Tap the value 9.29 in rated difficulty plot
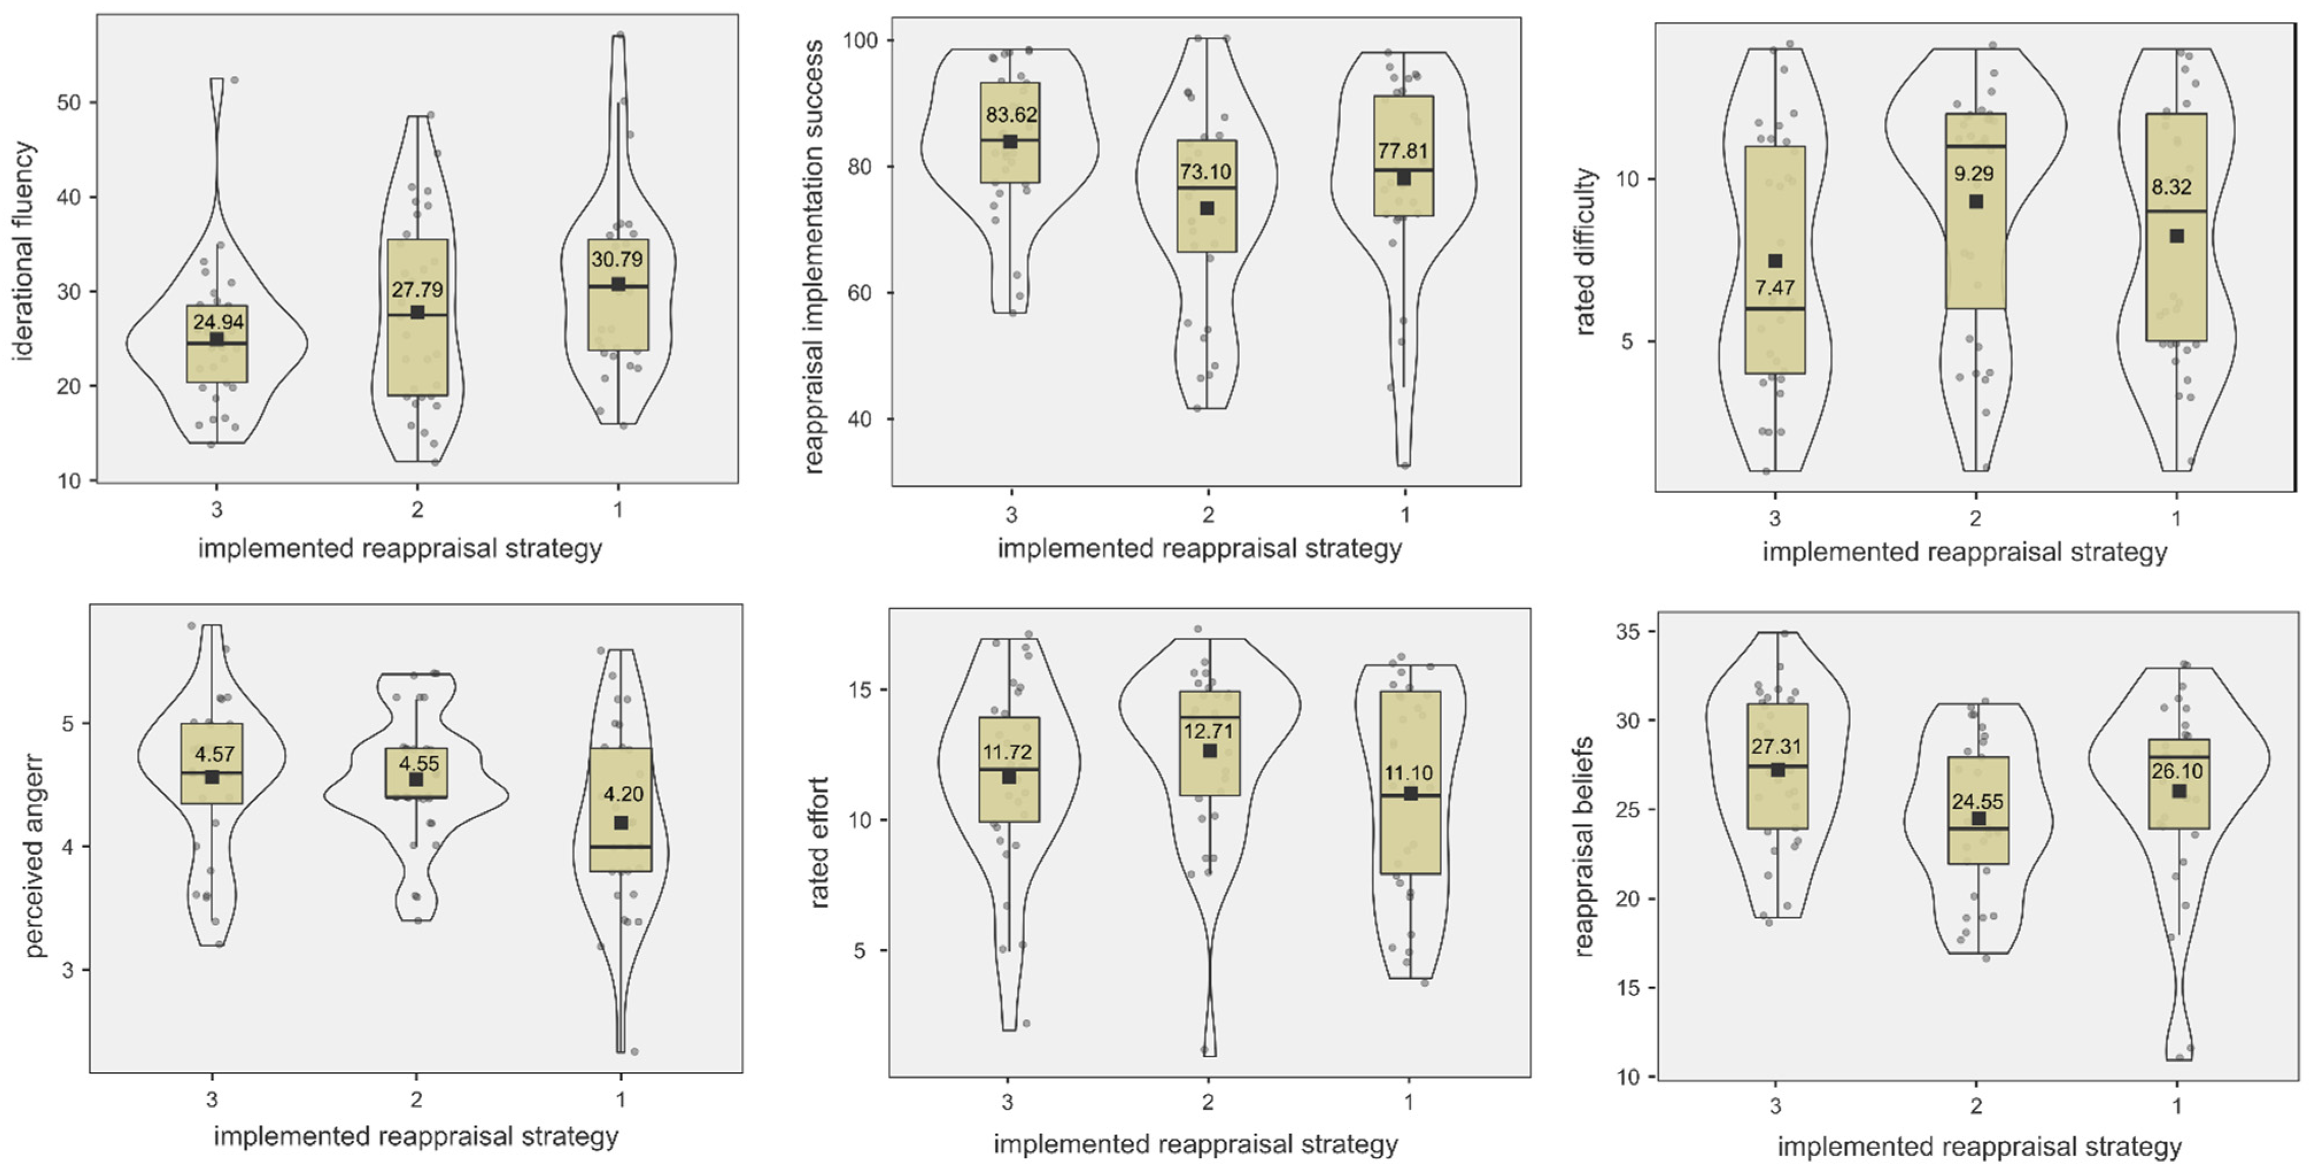tap(1974, 174)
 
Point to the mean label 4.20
tap(623, 794)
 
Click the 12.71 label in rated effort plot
tap(1208, 731)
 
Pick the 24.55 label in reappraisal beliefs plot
tap(1978, 801)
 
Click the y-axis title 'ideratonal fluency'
tap(24, 251)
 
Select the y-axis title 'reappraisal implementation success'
tap(814, 256)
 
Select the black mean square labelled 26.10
tap(2179, 791)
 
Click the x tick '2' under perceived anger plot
tap(416, 1100)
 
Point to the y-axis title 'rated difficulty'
tap(1586, 251)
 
